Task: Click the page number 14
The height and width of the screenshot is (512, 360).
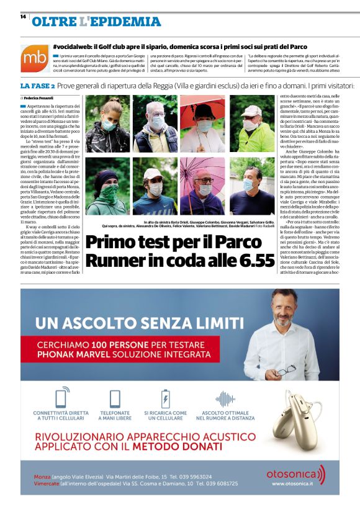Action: [x=23, y=16]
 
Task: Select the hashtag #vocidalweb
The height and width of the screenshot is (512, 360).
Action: [x=78, y=47]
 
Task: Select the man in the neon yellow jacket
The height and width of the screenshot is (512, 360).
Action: [x=251, y=124]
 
